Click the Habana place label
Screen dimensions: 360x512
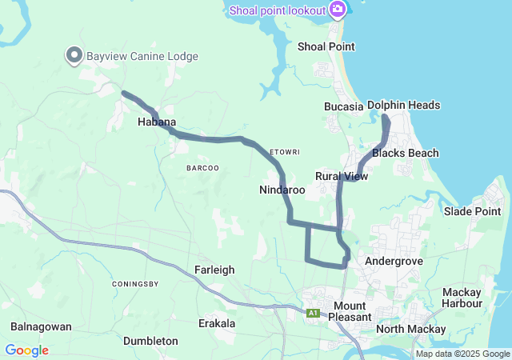pos(157,122)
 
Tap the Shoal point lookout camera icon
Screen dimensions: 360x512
pos(338,10)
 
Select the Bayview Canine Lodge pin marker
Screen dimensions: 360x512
pos(74,55)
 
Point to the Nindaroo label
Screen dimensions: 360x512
pos(282,190)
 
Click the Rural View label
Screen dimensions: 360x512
pos(342,176)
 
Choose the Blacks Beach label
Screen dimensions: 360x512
pos(406,153)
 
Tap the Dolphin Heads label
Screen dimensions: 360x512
pos(403,106)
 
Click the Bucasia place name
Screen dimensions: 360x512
pos(344,106)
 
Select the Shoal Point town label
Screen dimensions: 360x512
pos(326,46)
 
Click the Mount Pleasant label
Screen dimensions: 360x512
pos(350,311)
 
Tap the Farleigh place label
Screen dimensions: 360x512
pos(214,270)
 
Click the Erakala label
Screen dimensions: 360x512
pos(217,323)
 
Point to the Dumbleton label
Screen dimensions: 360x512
pos(150,341)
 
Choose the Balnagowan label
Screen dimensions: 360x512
pos(42,326)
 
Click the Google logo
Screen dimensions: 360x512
pos(26,350)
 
